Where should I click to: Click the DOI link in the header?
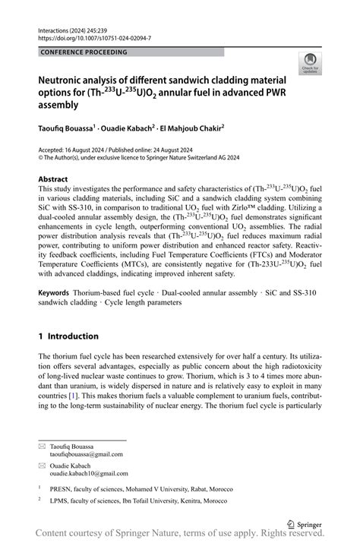(x=94, y=36)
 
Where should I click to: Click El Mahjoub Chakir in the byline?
(x=196, y=129)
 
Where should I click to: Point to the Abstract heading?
(x=55, y=180)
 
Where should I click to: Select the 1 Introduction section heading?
(x=68, y=336)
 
